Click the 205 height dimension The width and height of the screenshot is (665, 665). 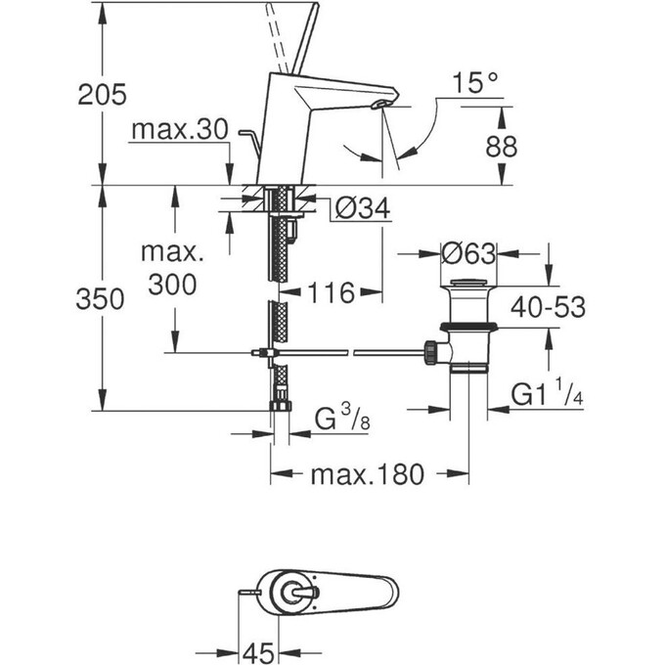104,95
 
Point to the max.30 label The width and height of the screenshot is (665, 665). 180,129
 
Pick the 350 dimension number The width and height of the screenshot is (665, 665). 101,299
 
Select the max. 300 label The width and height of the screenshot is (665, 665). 171,269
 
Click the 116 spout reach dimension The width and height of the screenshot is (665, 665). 329,291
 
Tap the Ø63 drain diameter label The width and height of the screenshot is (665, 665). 469,252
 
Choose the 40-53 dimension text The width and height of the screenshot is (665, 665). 545,307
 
